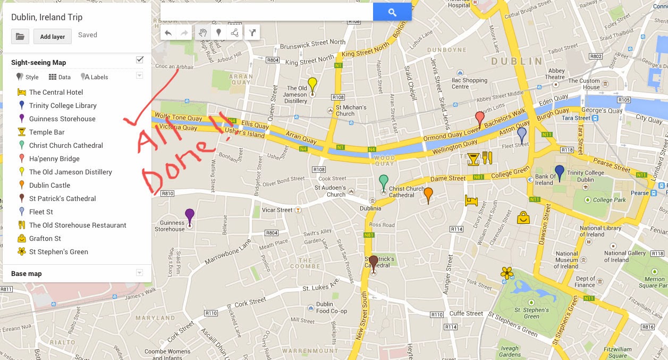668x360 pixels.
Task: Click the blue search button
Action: pos(392,12)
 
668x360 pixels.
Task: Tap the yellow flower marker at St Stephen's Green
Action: pos(507,273)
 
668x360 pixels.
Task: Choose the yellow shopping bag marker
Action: pos(523,217)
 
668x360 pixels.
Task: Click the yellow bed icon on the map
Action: pos(471,200)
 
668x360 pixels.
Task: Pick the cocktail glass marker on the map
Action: pos(473,158)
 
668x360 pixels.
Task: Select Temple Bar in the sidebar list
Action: pos(47,132)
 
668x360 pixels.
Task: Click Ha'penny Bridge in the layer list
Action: pos(54,158)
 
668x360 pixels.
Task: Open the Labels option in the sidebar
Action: pos(95,77)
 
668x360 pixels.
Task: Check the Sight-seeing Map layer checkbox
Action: pos(140,60)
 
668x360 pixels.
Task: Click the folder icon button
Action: pos(20,37)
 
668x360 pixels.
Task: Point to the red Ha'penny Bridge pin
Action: pos(479,119)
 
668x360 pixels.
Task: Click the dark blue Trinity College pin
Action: pos(559,172)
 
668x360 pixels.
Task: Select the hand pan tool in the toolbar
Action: pos(202,32)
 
